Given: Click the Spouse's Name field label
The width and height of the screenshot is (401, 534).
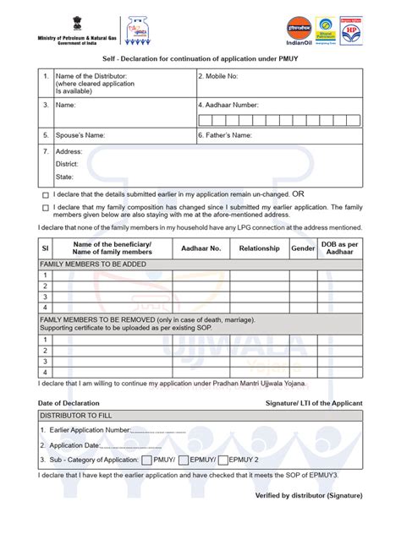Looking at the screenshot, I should (80, 134).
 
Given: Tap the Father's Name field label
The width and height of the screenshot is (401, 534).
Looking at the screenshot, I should (227, 134).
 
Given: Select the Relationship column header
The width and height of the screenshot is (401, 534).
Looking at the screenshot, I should (259, 248).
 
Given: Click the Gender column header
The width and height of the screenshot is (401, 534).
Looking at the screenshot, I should (303, 248).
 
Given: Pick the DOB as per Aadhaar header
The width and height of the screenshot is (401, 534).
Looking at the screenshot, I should (341, 248).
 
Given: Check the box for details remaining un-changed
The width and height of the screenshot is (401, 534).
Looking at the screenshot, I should (46, 193).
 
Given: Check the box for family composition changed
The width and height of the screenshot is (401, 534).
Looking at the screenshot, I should (46, 206).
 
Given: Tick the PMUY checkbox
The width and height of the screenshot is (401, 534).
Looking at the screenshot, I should (147, 460).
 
